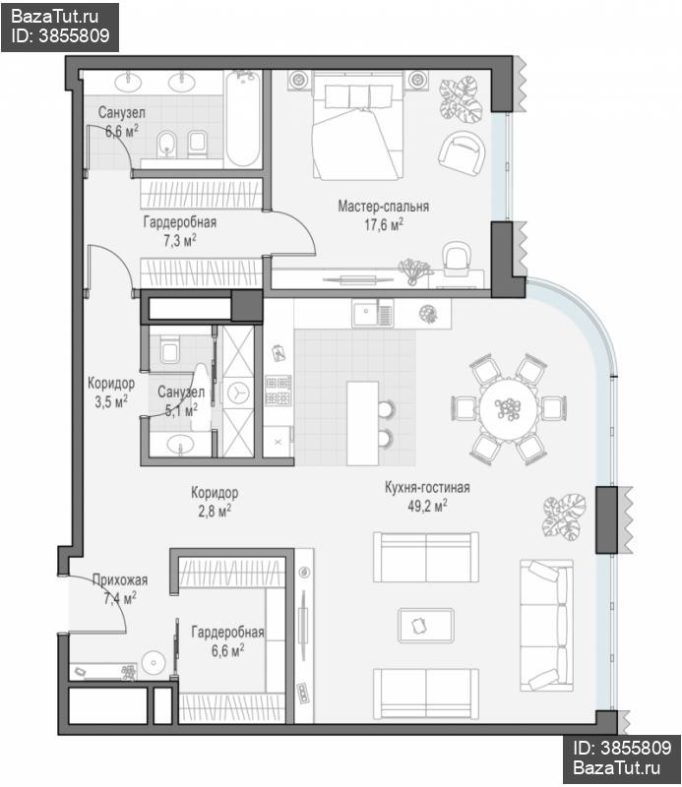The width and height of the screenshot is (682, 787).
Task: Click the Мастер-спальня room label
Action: click(x=383, y=207)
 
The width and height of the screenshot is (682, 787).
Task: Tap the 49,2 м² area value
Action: click(x=427, y=506)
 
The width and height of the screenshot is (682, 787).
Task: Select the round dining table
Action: click(x=508, y=410)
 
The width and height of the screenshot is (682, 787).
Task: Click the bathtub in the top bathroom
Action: click(x=243, y=119)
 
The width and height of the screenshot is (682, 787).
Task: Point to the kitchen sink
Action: click(x=372, y=313)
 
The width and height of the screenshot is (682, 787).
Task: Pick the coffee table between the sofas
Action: click(x=426, y=626)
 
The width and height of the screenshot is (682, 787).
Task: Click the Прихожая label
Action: click(x=120, y=580)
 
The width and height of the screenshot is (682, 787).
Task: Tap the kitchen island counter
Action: click(x=362, y=423)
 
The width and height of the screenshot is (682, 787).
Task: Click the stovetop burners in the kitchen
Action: click(x=278, y=391)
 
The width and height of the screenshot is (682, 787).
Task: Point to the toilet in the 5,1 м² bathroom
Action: click(x=169, y=349)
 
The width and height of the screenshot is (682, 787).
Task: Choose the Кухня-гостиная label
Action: click(x=427, y=487)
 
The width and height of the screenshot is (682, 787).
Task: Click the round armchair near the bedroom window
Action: click(x=462, y=153)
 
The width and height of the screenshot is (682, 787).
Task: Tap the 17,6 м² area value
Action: click(x=384, y=225)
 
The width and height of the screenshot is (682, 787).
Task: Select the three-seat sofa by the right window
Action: click(x=546, y=626)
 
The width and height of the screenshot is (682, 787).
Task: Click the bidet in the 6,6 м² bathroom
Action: click(x=164, y=144)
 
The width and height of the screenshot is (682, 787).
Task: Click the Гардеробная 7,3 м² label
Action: click(x=180, y=231)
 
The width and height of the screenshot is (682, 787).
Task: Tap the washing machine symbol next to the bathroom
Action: click(x=238, y=393)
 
